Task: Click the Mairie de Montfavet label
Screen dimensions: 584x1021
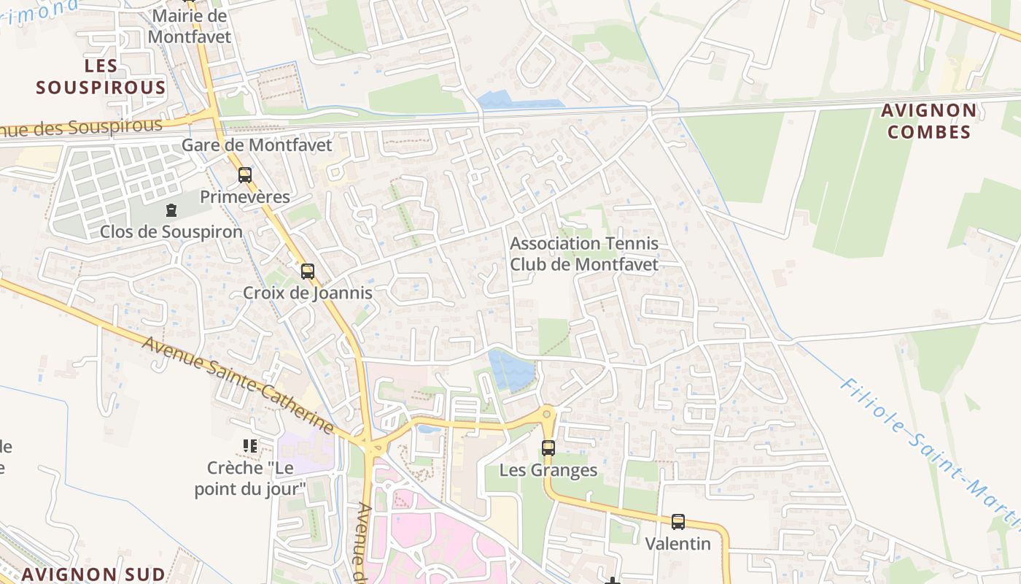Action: pyautogui.click(x=189, y=26)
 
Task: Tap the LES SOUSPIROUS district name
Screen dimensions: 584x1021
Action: pyautogui.click(x=101, y=77)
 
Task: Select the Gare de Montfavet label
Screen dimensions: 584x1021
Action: pyautogui.click(x=257, y=145)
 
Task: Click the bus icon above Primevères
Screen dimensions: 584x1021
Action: pyautogui.click(x=245, y=175)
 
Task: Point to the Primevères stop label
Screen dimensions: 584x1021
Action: pyautogui.click(x=245, y=197)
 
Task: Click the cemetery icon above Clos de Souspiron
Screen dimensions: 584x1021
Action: pyautogui.click(x=171, y=210)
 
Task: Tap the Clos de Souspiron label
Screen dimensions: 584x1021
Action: pyautogui.click(x=171, y=232)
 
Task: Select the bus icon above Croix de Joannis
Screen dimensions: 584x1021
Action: pyautogui.click(x=308, y=272)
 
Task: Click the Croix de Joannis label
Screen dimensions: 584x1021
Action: pyautogui.click(x=308, y=293)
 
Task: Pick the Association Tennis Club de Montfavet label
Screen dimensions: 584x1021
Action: pyautogui.click(x=583, y=253)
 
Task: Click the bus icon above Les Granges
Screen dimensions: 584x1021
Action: pyautogui.click(x=548, y=448)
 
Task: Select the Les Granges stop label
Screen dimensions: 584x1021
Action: pyautogui.click(x=548, y=471)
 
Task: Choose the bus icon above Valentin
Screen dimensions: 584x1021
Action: pyautogui.click(x=678, y=522)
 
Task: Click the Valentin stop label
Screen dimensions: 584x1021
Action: pyautogui.click(x=678, y=544)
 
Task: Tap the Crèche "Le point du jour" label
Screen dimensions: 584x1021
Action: pyautogui.click(x=250, y=478)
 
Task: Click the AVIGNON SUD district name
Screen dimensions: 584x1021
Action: pyautogui.click(x=89, y=574)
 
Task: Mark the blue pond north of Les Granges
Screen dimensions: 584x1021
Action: pyautogui.click(x=511, y=369)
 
